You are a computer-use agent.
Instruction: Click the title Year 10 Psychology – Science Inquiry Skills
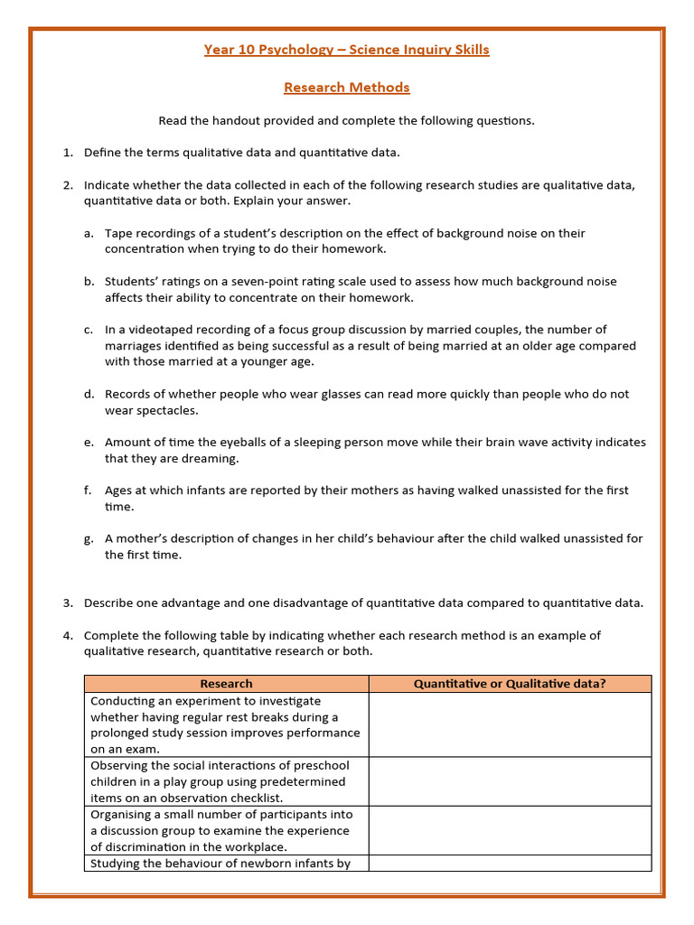pos(347,50)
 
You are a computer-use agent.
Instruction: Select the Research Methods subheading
pos(347,88)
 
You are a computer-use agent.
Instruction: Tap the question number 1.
pos(68,153)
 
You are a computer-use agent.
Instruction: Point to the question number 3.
pos(68,603)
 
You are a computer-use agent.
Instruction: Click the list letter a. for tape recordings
pos(89,233)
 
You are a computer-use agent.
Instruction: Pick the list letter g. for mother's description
pos(89,538)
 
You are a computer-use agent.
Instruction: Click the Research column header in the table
pos(226,684)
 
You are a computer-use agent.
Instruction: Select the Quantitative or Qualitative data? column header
pos(510,684)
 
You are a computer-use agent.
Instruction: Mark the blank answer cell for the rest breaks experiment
pos(510,724)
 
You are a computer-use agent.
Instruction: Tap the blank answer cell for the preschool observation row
pos(510,781)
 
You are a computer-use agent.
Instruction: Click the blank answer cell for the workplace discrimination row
pos(510,830)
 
